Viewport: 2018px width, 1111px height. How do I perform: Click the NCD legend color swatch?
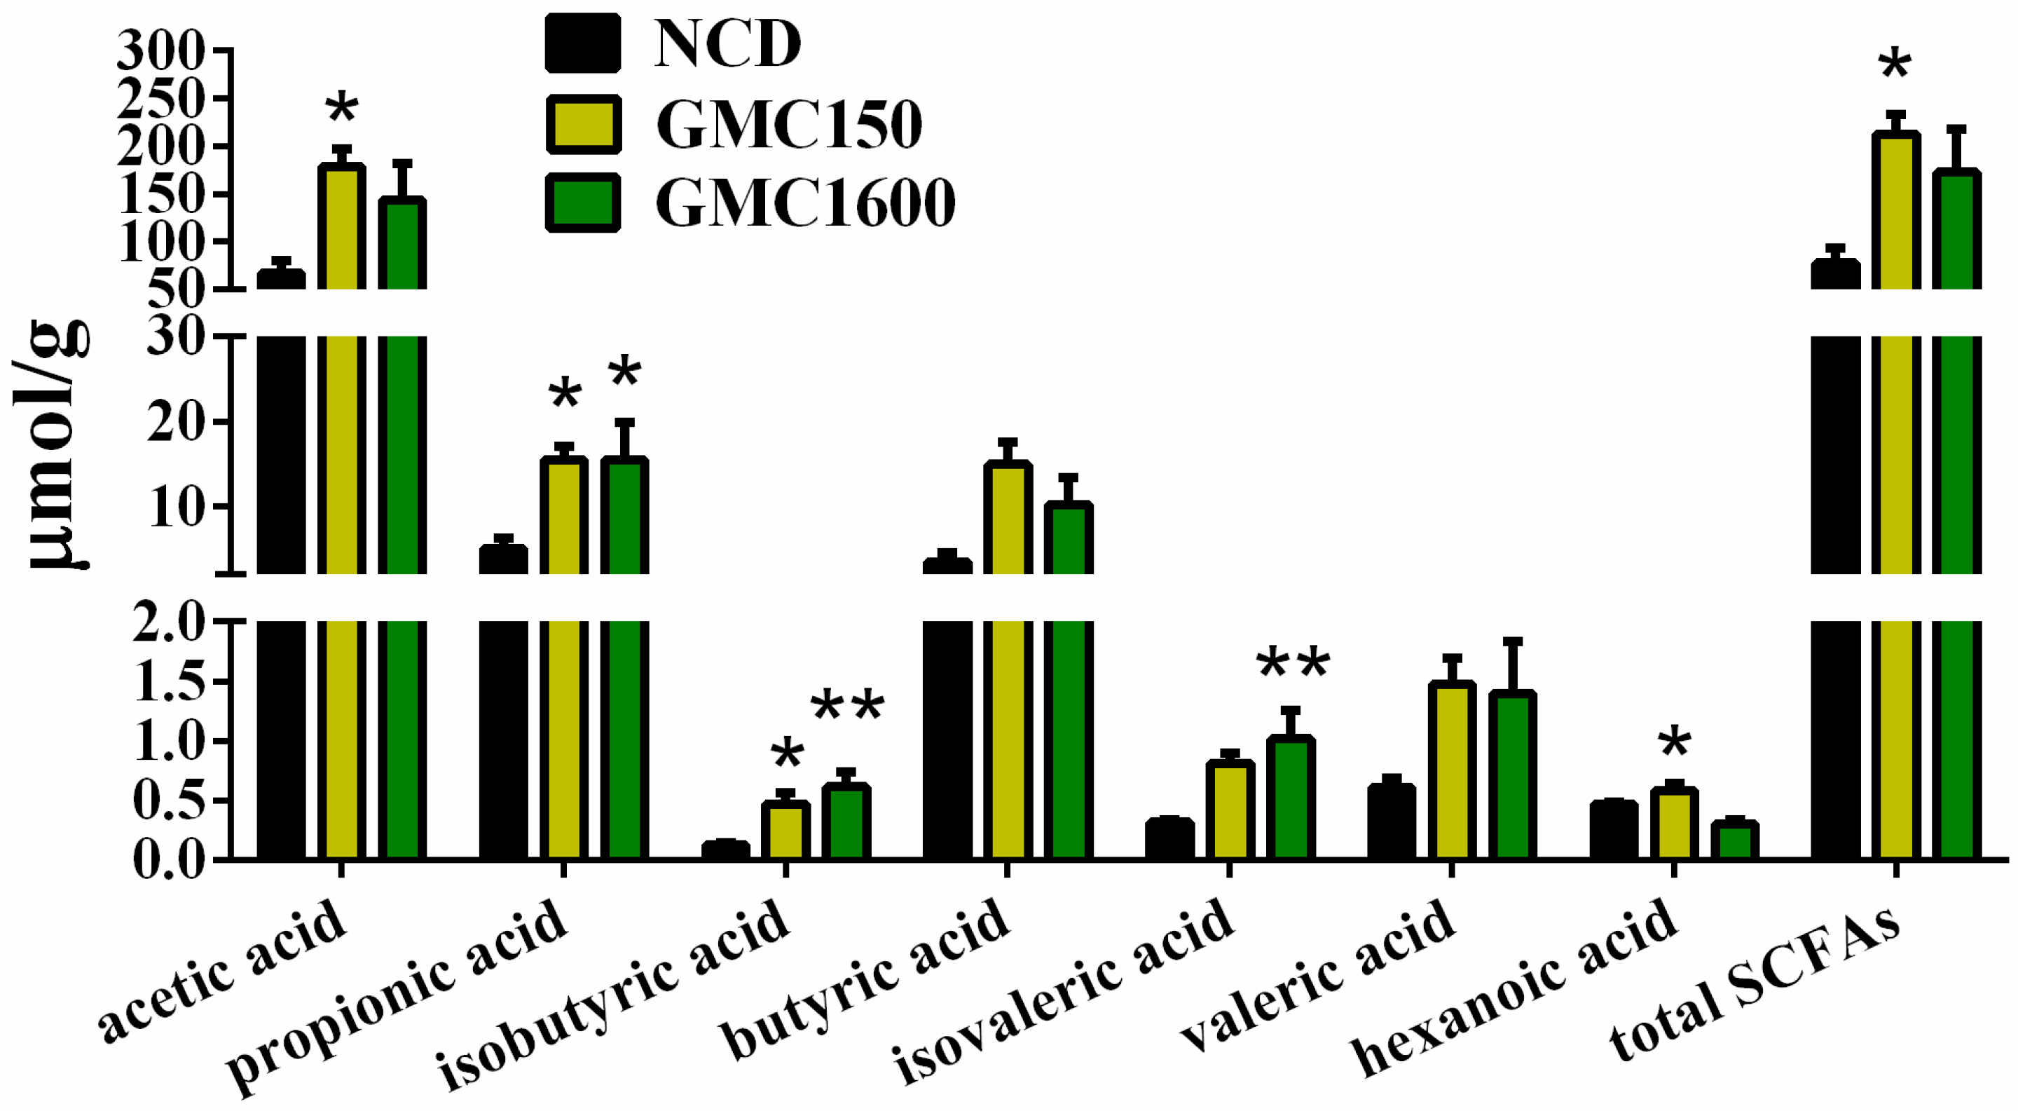coord(583,43)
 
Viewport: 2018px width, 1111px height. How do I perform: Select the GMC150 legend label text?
coord(789,125)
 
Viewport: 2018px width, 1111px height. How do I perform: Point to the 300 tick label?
coord(161,53)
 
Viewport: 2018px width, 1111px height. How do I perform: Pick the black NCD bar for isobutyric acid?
coord(725,852)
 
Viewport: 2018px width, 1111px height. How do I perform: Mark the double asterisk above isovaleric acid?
coord(1293,664)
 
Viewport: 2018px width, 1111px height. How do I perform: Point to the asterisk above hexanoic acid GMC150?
coord(1675,742)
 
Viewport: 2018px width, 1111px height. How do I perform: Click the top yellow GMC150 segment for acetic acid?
coord(341,227)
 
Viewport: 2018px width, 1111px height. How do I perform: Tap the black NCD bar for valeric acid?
coord(1392,823)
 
